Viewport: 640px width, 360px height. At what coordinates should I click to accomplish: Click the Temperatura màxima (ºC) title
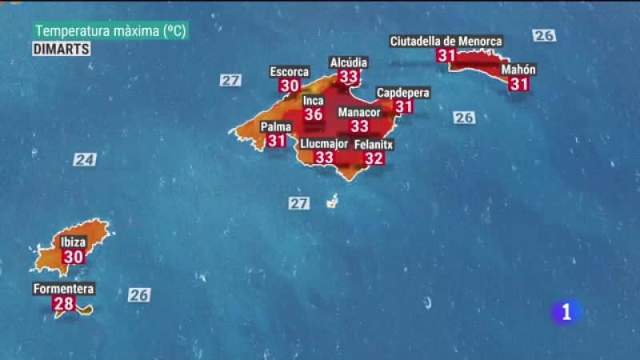point(111,31)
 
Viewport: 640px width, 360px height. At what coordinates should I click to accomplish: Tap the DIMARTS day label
point(62,49)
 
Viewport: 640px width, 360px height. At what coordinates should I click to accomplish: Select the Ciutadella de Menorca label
point(446,41)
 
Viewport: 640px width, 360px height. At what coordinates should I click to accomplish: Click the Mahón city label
point(518,70)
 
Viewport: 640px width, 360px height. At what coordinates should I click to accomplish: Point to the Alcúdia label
point(349,62)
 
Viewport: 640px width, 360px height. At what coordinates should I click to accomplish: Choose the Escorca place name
point(290,71)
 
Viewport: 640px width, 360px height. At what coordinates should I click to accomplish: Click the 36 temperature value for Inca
point(314,115)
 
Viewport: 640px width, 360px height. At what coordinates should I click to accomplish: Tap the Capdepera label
point(403,93)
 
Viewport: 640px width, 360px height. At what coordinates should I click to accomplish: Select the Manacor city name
point(359,113)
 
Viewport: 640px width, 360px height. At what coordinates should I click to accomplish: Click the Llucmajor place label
point(323,144)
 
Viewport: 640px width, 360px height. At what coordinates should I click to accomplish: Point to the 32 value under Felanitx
point(374,158)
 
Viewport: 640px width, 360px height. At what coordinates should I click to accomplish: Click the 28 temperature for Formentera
point(63,304)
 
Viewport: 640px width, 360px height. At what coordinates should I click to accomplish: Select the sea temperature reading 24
point(85,159)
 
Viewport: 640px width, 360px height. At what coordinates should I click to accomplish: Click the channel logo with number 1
point(567,313)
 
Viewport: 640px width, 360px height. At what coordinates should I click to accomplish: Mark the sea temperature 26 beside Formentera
point(139,295)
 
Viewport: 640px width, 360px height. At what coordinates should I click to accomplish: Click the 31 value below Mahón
point(518,84)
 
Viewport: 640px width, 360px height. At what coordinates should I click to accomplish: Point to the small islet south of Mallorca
point(331,202)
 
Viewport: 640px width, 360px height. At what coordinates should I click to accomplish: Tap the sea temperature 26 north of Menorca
point(544,35)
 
